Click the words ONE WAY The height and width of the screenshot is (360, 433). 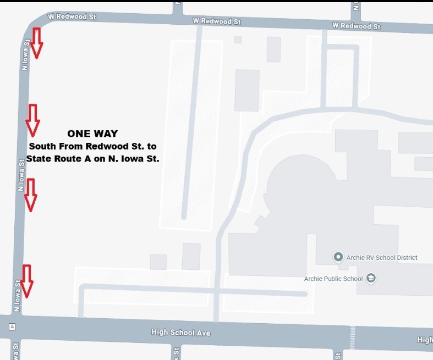click(x=92, y=134)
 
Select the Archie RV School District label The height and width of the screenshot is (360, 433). click(x=381, y=257)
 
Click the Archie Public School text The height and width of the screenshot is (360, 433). click(x=333, y=279)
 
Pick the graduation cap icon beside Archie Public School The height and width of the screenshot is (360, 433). click(x=371, y=278)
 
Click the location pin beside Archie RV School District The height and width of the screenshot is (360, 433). click(x=338, y=257)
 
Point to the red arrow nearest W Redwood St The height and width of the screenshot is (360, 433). click(x=36, y=43)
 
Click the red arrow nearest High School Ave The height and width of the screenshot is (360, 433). click(x=26, y=280)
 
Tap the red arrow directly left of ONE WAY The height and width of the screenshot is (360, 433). click(x=33, y=119)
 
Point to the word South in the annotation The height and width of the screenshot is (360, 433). click(x=42, y=146)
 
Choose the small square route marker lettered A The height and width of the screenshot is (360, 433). click(x=12, y=326)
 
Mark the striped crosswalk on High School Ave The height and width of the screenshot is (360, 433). click(x=352, y=336)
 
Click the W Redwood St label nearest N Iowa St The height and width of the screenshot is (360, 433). click(x=72, y=17)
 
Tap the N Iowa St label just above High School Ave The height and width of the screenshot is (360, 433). click(x=18, y=296)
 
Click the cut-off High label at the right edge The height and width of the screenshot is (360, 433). click(x=424, y=340)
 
